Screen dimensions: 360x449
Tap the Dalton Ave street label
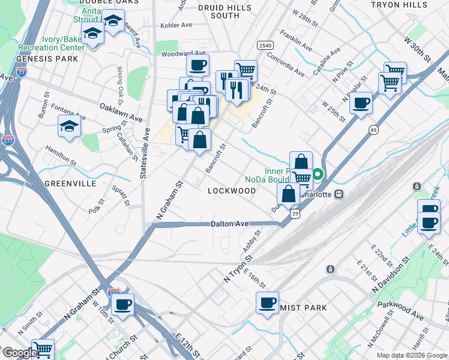(229, 224)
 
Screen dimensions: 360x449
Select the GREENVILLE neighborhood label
(70, 184)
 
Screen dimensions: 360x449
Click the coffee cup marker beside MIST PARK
(267, 303)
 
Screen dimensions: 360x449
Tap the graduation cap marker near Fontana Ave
(69, 126)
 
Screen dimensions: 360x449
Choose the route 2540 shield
(265, 46)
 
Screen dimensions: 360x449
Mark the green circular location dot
(319, 176)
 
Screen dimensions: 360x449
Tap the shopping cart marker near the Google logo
(43, 349)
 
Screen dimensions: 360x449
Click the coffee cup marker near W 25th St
(361, 103)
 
